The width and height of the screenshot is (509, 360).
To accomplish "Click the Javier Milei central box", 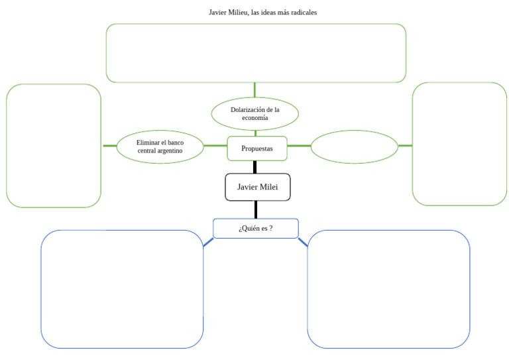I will (258, 188).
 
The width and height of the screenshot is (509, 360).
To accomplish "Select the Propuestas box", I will (257, 149).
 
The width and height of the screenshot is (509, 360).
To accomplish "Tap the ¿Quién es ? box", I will (256, 229).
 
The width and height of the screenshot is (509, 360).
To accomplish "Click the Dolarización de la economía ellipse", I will (254, 113).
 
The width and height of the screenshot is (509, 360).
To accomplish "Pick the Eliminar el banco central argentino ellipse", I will (160, 147).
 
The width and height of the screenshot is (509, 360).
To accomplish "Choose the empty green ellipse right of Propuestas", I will (354, 147).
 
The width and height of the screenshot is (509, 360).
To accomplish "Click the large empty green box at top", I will (256, 53).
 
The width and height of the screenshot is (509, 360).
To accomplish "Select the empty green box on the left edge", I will (54, 145).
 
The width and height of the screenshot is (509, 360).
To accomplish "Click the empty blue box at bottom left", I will (122, 288).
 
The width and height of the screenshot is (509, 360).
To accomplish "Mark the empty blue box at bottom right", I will (388, 288).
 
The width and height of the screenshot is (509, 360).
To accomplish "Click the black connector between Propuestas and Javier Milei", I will (255, 167).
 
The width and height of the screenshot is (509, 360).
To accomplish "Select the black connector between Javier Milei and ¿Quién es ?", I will (255, 210).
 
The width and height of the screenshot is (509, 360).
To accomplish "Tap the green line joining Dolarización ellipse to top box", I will (254, 90).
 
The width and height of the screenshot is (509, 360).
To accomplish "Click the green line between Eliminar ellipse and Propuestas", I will (215, 146).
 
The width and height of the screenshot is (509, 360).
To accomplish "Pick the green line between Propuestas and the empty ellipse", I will (299, 146).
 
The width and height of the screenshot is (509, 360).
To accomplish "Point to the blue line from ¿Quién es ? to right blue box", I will (303, 243).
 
